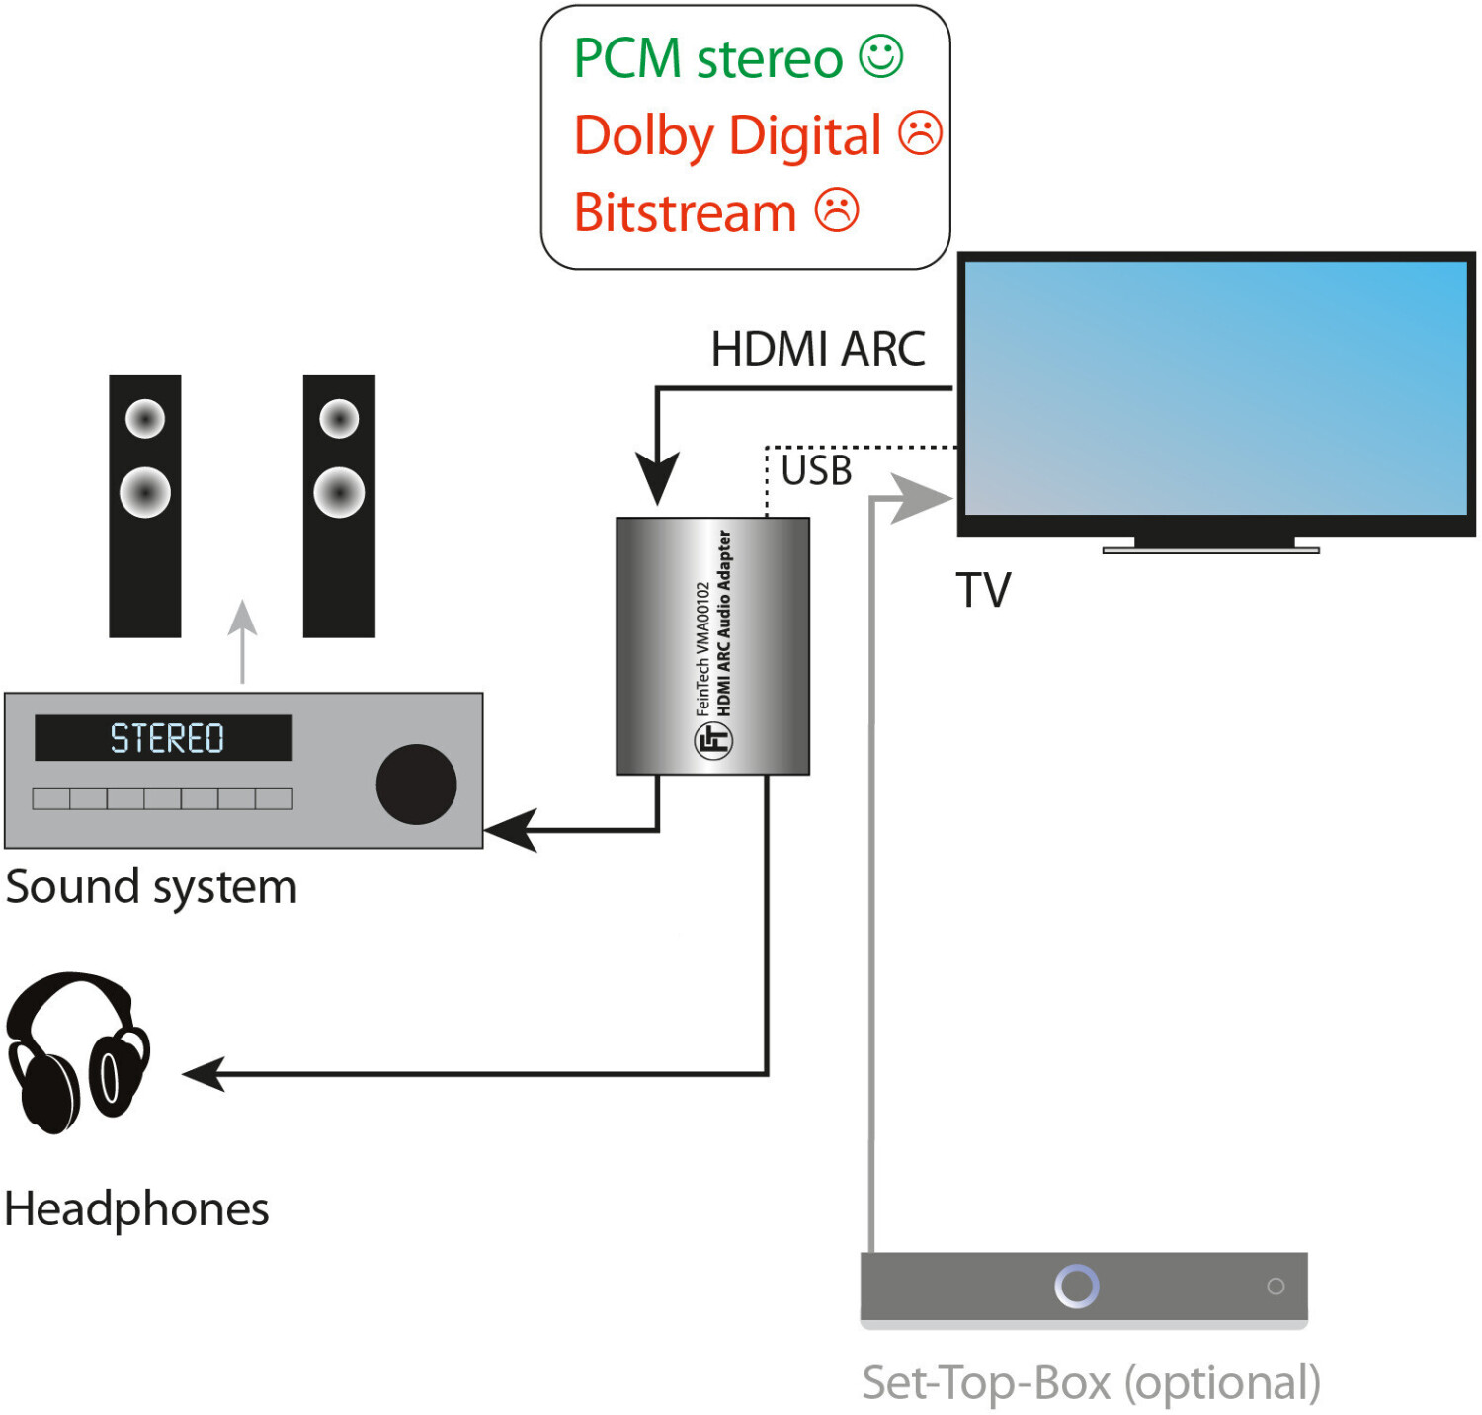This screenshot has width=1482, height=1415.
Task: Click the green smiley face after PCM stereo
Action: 880,56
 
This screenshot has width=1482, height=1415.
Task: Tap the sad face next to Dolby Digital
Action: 920,133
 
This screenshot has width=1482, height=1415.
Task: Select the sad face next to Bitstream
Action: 837,210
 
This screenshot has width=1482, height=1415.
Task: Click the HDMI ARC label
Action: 818,349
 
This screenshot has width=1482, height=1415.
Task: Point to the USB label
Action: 816,470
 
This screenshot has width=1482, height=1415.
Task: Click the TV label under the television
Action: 983,591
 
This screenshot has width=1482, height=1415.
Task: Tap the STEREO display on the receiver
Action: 164,738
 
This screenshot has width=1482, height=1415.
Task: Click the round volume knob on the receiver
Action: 416,785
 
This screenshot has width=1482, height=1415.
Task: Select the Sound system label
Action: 151,886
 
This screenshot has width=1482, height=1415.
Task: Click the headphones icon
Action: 77,1051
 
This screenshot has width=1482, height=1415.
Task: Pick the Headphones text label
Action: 136,1208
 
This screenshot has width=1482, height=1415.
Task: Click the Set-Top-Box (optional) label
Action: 1091,1381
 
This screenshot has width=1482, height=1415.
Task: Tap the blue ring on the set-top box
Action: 1076,1286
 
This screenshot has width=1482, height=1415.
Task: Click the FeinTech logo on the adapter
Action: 712,739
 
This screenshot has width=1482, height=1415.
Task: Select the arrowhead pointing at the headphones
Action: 203,1073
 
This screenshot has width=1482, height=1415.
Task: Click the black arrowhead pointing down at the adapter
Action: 657,478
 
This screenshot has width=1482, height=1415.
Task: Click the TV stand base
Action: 1211,548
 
